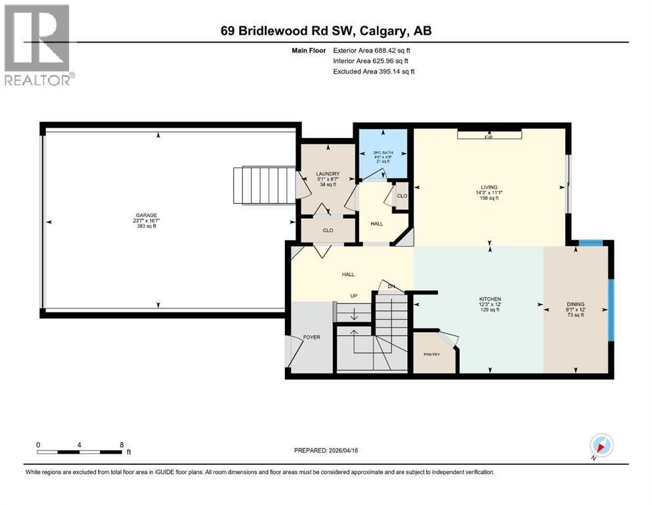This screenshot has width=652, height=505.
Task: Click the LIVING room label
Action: (x=489, y=187)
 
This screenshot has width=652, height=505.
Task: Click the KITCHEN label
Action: (x=489, y=299)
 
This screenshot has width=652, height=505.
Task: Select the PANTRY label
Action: (x=431, y=354)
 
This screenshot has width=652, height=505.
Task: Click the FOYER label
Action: (x=311, y=337)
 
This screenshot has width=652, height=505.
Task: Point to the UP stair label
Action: (x=353, y=296)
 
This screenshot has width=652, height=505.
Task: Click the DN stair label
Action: (x=391, y=286)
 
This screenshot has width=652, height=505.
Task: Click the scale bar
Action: (x=79, y=452)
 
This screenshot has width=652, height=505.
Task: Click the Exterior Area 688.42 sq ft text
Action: (x=373, y=50)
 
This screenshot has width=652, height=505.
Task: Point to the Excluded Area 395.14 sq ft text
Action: (x=374, y=71)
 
